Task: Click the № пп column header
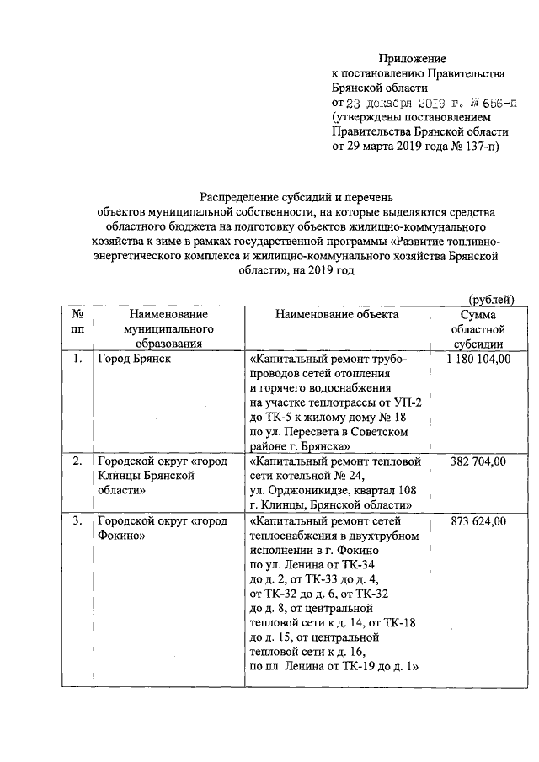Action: [x=77, y=321]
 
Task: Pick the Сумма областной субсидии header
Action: [x=477, y=328]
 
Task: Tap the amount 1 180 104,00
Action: [x=477, y=359]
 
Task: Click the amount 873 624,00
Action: [x=477, y=521]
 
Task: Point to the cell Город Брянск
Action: [x=133, y=359]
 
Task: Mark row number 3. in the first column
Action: [x=77, y=521]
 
